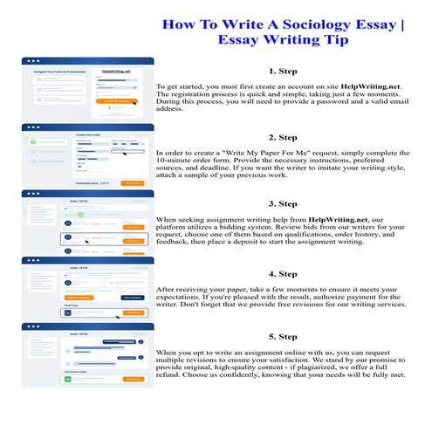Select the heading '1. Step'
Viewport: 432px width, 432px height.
click(x=283, y=71)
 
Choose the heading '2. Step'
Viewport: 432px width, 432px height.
click(x=283, y=137)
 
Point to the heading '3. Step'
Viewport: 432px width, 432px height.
click(x=283, y=203)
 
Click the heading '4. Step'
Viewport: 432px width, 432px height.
click(x=283, y=271)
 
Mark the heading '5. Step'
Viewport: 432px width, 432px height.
click(x=283, y=337)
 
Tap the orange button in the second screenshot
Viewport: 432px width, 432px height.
click(x=132, y=183)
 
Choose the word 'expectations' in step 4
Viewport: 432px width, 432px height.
click(x=184, y=295)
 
